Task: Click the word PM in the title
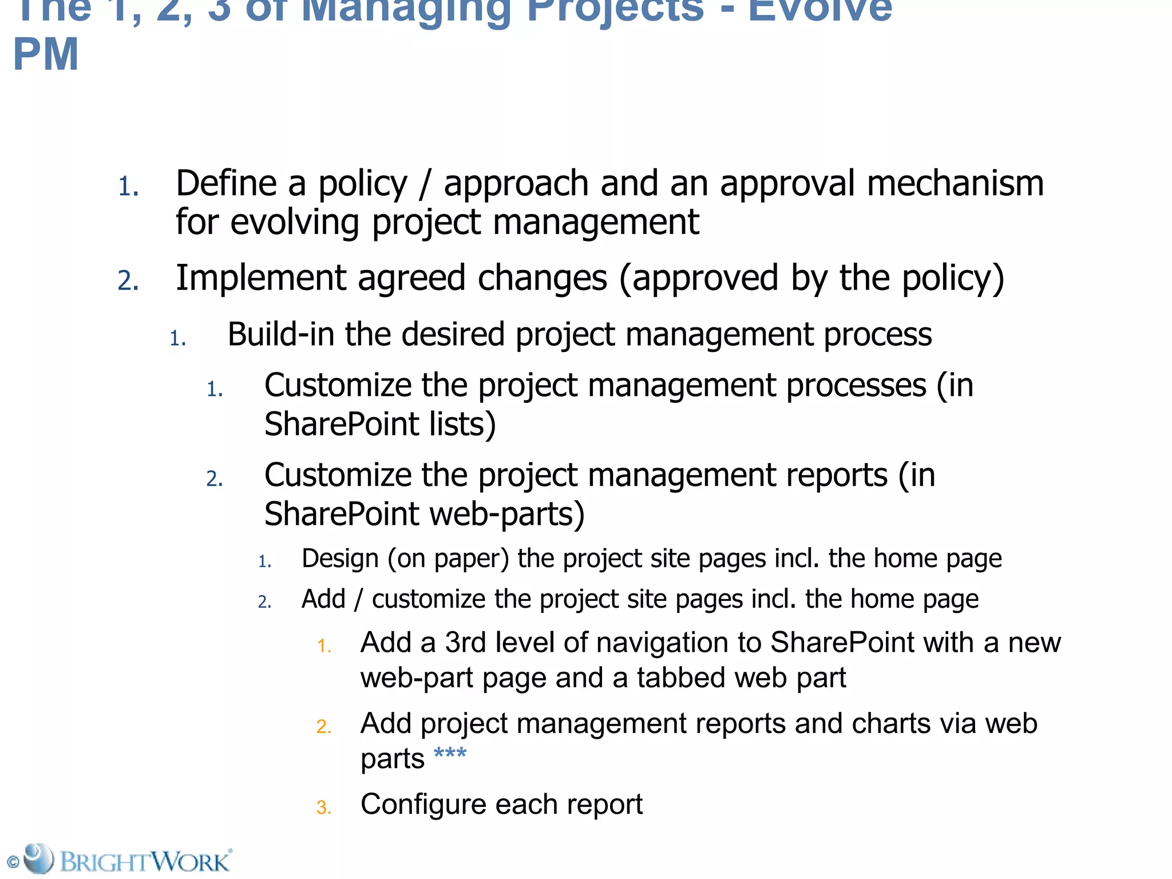pyautogui.click(x=46, y=54)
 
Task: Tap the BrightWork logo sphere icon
pyautogui.click(x=38, y=858)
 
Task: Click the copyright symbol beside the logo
pyautogui.click(x=13, y=862)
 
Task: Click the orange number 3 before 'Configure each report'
pyautogui.click(x=323, y=807)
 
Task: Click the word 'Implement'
pyautogui.click(x=260, y=278)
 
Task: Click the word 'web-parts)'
pyautogui.click(x=507, y=513)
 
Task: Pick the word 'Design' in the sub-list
pyautogui.click(x=340, y=559)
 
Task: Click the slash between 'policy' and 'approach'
pyautogui.click(x=425, y=184)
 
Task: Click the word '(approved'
pyautogui.click(x=699, y=278)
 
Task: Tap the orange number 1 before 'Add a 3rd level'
pyautogui.click(x=324, y=646)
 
